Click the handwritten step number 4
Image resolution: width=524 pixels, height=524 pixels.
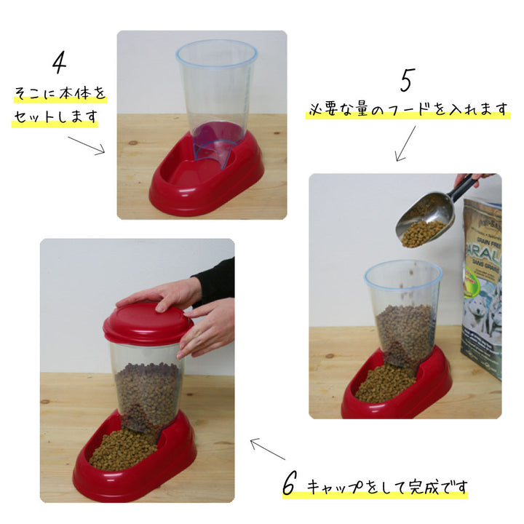(60, 63)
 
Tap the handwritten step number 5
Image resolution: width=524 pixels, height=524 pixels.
(408, 80)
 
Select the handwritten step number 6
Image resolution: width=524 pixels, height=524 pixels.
(290, 483)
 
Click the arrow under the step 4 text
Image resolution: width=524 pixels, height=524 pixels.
(87, 146)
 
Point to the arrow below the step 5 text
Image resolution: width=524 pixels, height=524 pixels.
(405, 143)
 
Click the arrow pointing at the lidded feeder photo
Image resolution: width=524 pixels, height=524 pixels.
(268, 449)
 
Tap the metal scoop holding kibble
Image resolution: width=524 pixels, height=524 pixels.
(425, 219)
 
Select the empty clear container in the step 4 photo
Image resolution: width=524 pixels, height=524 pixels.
(217, 100)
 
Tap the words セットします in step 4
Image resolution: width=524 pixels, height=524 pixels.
(55, 116)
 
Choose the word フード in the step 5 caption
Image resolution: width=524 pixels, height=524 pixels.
(413, 110)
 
